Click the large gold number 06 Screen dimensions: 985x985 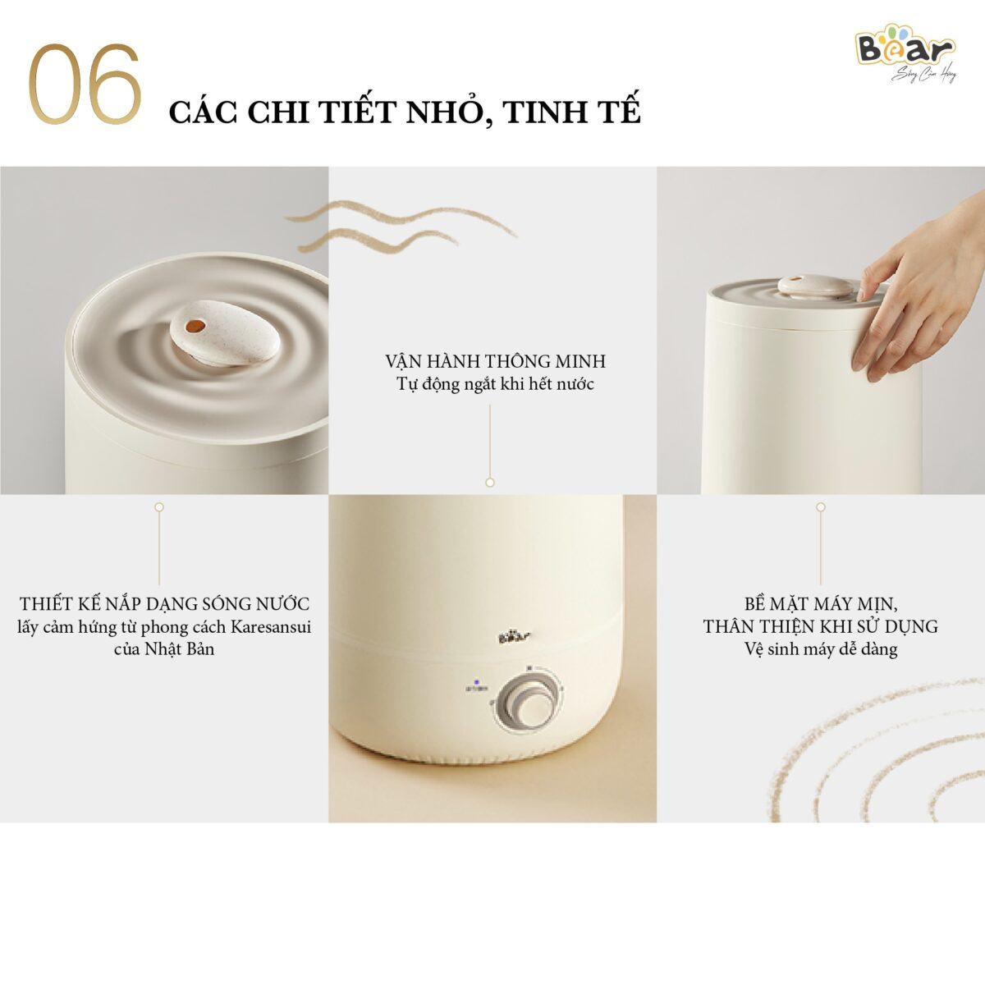(x=85, y=85)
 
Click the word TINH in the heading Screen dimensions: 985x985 (x=542, y=112)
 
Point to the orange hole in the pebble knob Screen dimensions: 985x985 (x=194, y=327)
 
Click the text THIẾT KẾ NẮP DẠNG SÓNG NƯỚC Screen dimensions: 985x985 (x=165, y=604)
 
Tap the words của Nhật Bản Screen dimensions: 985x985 (x=164, y=649)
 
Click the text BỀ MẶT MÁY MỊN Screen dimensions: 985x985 (x=820, y=604)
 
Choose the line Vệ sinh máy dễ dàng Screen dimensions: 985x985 (x=820, y=649)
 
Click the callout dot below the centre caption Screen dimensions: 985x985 (x=490, y=483)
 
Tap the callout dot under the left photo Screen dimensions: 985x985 (x=159, y=507)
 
